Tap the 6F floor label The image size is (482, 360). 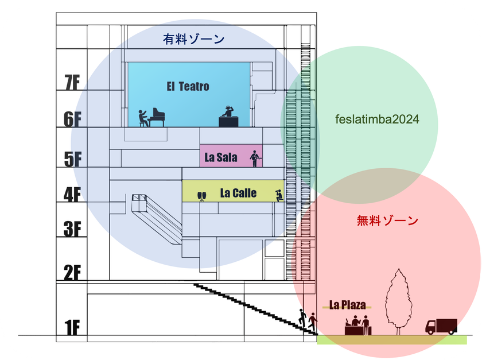point(72,119)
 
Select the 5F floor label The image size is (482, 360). point(73,159)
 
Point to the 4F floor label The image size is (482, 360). point(72,195)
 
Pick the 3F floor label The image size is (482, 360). point(72,229)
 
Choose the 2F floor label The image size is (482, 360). point(72,272)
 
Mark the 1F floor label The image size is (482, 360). point(72,327)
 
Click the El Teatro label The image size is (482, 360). point(188,87)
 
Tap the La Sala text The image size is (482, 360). point(221,157)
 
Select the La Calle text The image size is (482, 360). point(238,193)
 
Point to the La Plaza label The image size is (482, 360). point(347,305)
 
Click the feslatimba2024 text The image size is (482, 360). point(377,119)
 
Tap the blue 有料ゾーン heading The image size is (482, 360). point(194,39)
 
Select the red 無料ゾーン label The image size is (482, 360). point(387,220)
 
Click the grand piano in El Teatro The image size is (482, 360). point(157,117)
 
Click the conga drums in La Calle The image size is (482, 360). point(201,196)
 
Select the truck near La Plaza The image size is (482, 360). point(441,327)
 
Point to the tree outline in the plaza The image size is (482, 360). point(399,301)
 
